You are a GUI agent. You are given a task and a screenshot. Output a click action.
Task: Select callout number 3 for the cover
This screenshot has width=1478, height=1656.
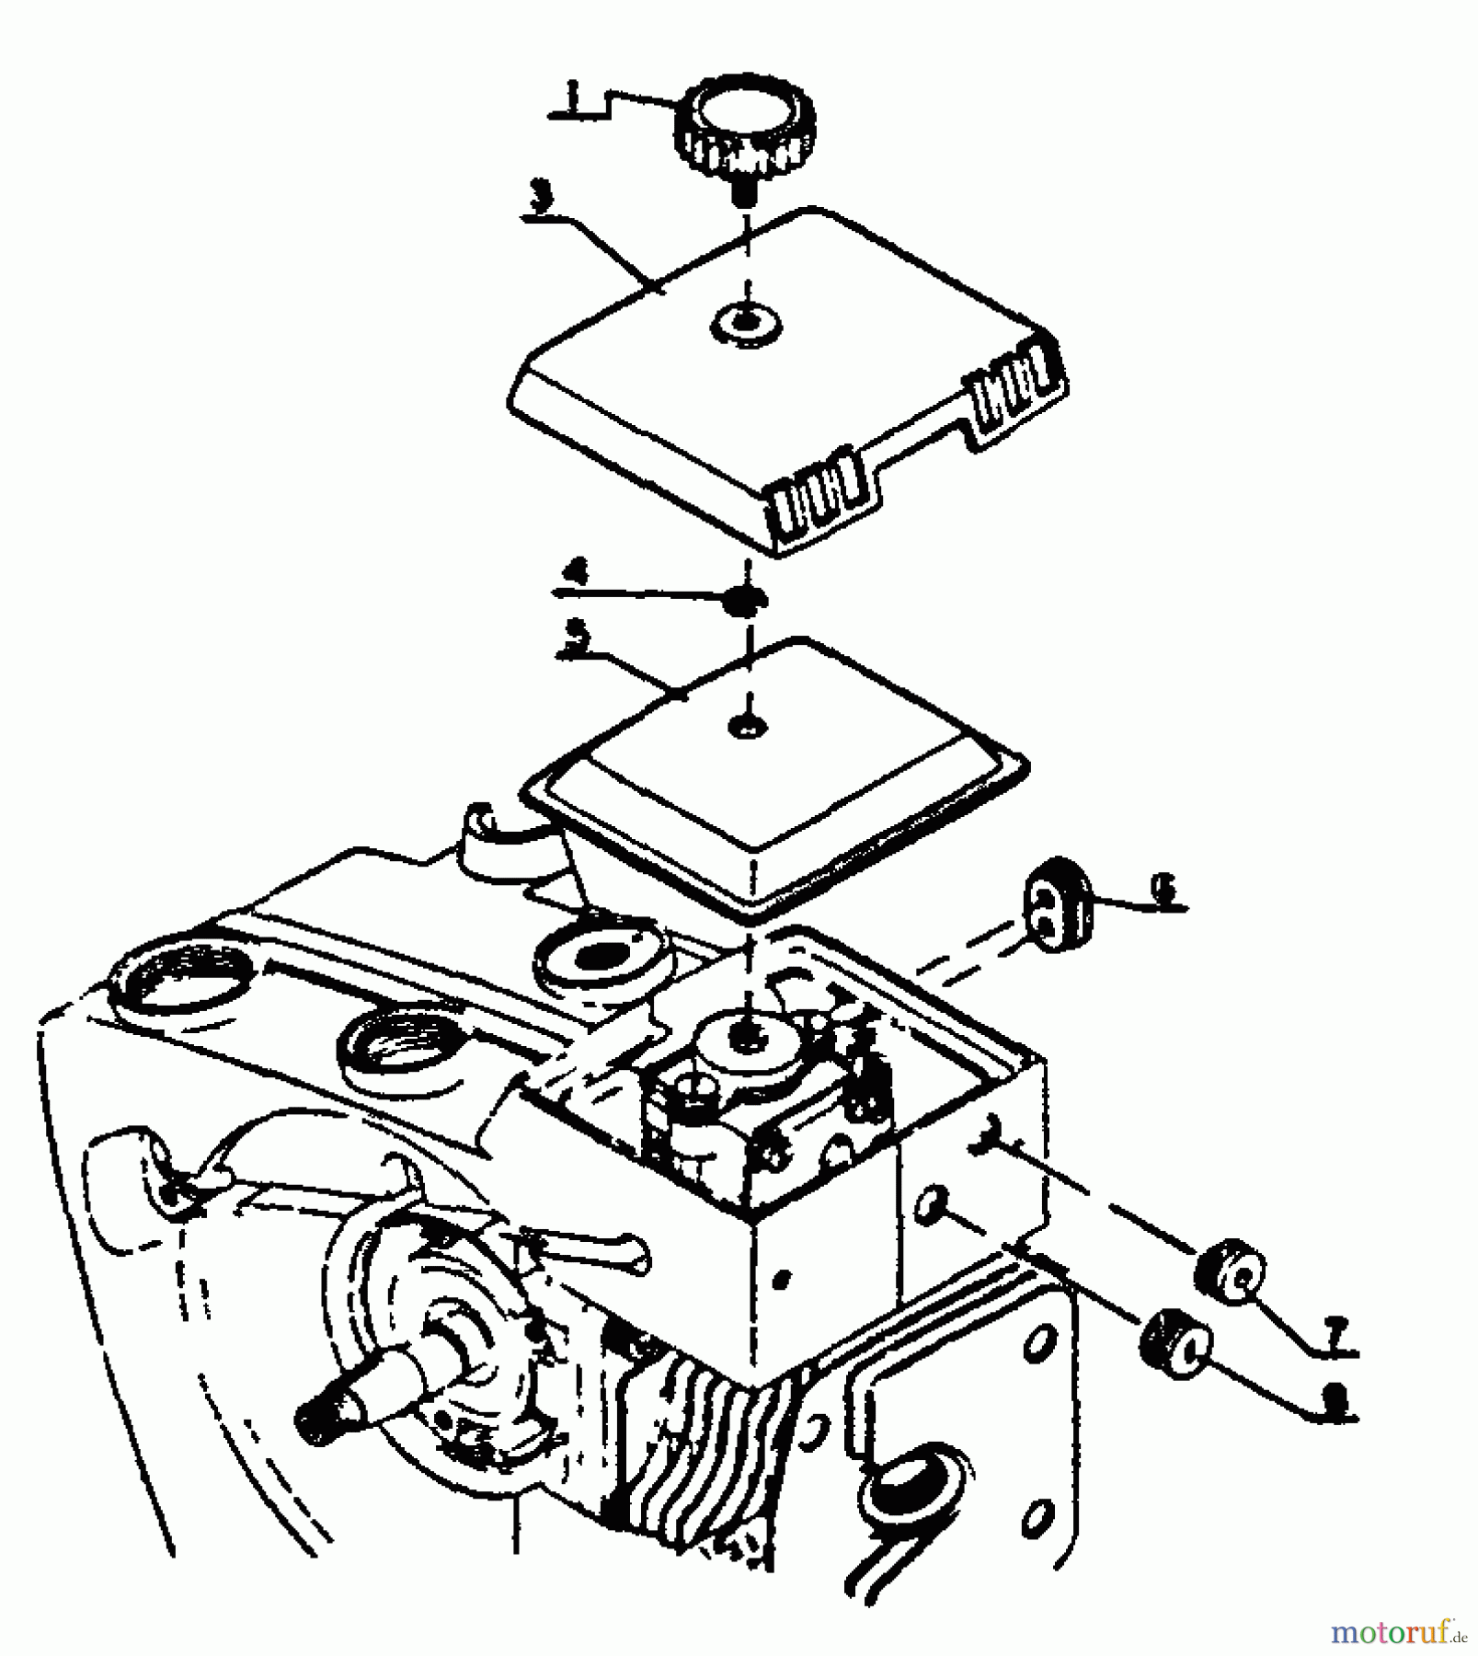point(546,198)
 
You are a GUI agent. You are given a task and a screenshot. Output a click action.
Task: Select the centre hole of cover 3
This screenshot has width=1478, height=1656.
point(746,324)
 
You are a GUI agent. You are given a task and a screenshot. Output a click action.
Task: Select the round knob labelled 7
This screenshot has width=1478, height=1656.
point(1230,1276)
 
